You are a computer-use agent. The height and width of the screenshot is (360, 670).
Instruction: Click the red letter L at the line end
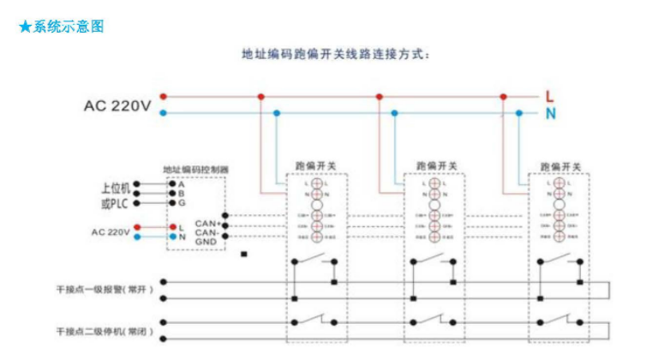550,96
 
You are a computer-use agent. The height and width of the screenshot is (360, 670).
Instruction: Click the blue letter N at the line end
550,112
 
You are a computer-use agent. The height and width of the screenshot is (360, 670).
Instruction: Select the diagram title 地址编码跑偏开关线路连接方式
333,54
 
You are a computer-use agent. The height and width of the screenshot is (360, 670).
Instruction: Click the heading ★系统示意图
61,27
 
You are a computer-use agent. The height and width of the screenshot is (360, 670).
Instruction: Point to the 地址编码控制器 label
195,170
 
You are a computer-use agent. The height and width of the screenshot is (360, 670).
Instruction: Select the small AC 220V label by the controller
111,231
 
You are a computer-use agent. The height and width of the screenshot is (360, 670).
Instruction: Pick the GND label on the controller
206,242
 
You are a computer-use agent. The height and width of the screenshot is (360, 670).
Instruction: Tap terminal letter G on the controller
182,203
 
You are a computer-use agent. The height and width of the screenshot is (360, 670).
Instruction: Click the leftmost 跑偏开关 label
316,165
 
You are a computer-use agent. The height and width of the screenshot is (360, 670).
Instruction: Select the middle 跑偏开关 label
436,165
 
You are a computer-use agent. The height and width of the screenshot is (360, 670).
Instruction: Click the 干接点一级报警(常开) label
105,290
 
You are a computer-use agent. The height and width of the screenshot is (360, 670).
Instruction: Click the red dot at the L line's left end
164,97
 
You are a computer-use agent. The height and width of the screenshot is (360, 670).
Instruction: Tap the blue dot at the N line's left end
164,112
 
